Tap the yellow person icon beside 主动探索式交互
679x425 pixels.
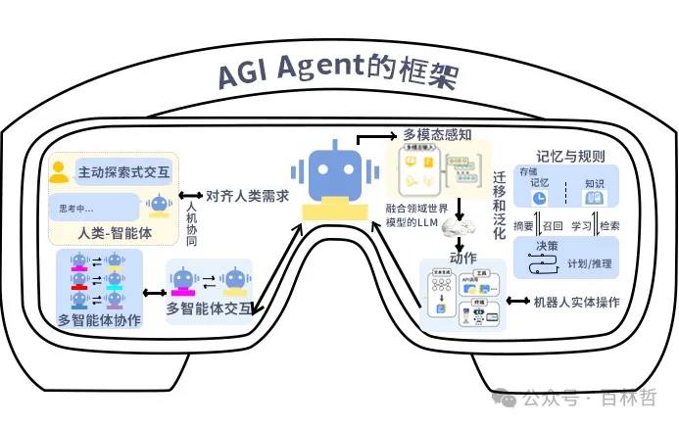[x=60, y=172]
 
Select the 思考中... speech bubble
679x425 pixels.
[x=94, y=207]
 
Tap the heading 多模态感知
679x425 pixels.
[x=439, y=134]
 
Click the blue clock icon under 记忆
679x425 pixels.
[x=538, y=197]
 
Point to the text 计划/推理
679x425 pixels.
[x=590, y=263]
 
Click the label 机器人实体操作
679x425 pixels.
[x=575, y=301]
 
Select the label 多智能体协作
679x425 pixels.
[x=99, y=319]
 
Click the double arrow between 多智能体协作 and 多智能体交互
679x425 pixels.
[x=153, y=291]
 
